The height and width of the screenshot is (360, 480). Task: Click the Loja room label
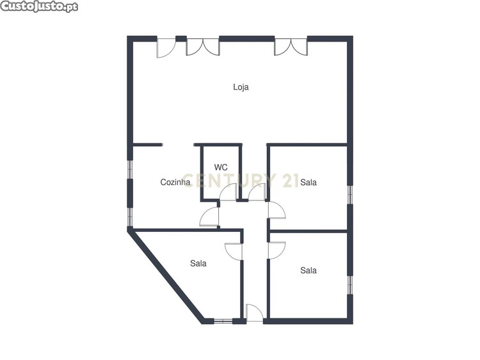pos(241,87)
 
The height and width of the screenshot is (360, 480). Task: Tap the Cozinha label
pos(175,183)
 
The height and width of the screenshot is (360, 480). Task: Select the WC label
pos(221,167)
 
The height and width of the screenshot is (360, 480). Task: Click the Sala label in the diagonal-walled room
pos(198,263)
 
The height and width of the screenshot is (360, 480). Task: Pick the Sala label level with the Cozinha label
pos(308,183)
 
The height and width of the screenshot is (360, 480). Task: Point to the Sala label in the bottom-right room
pos(308,270)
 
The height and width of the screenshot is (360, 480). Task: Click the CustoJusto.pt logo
pos(39,6)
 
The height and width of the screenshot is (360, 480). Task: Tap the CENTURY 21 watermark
pos(241,180)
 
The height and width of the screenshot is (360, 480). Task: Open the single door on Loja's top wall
pos(166,47)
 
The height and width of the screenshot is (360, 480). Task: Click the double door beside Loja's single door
pos(203,47)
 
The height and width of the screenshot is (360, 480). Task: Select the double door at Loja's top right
pos(291,47)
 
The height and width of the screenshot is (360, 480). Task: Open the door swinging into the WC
pos(228,192)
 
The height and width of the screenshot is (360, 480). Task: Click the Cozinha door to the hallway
pos(209,217)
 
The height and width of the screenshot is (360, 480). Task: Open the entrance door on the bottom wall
pos(254,313)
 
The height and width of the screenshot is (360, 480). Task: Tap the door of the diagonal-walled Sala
pos(234,252)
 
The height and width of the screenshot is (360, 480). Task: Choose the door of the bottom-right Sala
pos(276,250)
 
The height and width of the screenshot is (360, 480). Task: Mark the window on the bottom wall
pos(223,322)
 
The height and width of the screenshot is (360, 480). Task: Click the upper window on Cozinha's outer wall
pos(130,169)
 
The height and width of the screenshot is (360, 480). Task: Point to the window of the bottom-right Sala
pos(350,285)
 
